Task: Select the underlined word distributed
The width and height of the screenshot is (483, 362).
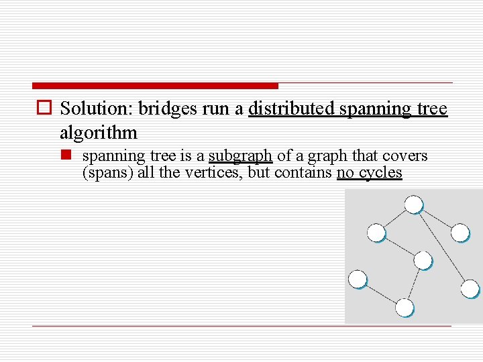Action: point(292,109)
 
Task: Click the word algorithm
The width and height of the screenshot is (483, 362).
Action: point(98,131)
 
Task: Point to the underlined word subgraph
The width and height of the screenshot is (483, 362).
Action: point(240,156)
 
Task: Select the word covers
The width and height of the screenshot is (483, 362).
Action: point(405,156)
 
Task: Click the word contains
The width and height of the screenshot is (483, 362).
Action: point(303,172)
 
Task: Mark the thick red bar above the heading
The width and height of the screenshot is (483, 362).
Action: point(155,86)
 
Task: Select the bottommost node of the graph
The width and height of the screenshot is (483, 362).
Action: point(405,308)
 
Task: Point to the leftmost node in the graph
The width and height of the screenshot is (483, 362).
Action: point(358,279)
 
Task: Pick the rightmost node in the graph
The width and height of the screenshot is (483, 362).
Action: point(470,288)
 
